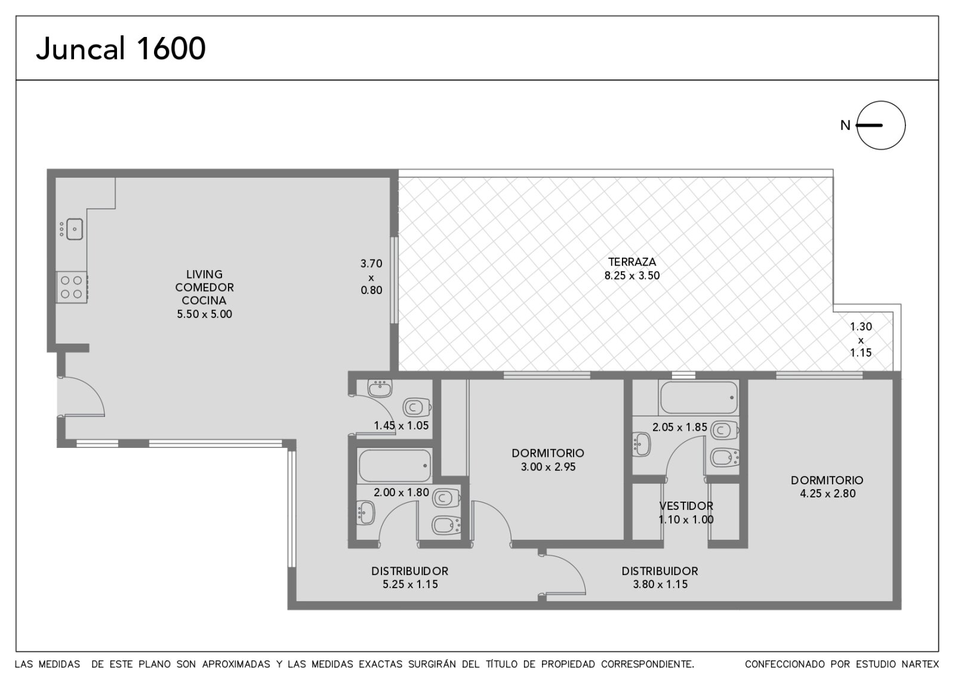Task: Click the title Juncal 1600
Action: click(x=121, y=48)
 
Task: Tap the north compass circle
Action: click(x=881, y=101)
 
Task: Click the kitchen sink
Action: click(x=75, y=229)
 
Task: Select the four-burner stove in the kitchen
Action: click(x=72, y=287)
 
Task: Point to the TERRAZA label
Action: click(x=632, y=262)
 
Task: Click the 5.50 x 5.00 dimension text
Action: click(x=204, y=314)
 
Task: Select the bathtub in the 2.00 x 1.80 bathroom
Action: click(x=395, y=466)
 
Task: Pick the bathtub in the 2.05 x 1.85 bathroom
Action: click(x=698, y=397)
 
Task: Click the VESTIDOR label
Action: click(x=686, y=506)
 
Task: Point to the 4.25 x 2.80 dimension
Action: click(x=827, y=493)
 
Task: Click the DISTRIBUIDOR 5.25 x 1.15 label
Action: click(x=409, y=577)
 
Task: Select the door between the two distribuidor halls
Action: click(x=563, y=574)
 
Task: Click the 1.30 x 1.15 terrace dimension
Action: click(x=861, y=339)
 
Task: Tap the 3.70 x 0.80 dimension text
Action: click(x=371, y=277)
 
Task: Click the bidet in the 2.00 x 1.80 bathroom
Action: click(x=446, y=525)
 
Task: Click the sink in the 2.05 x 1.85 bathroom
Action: click(x=641, y=444)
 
